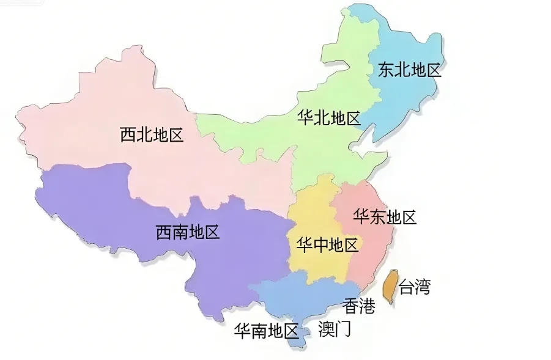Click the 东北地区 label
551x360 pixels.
click(409, 70)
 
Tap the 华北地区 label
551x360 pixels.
click(328, 118)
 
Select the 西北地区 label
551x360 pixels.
click(152, 134)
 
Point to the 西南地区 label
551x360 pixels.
click(187, 232)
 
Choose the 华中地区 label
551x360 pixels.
click(327, 246)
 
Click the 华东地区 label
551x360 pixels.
click(385, 217)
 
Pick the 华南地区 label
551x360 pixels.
click(266, 331)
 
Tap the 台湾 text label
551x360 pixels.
click(414, 286)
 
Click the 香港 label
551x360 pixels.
click(358, 306)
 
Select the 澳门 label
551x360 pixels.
click(335, 329)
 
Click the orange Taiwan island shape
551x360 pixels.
click(388, 285)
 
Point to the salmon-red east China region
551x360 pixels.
click(367, 257)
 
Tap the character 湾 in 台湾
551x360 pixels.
click(422, 286)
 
